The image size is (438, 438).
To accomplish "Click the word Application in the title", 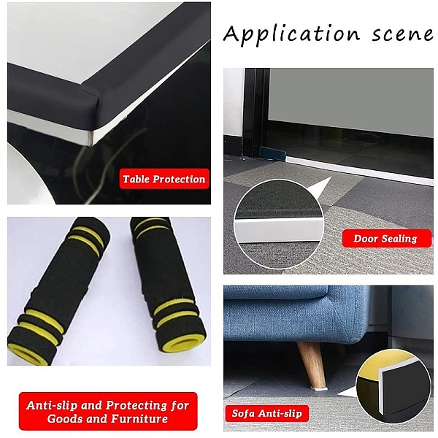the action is (x=291, y=34).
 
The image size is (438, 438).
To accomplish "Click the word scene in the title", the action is (x=403, y=34).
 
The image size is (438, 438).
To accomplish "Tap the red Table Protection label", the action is (x=164, y=179).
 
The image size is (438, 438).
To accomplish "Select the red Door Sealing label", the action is (x=387, y=238).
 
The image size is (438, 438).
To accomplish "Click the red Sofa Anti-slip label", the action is (x=267, y=413).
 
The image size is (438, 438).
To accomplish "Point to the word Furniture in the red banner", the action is (x=139, y=419).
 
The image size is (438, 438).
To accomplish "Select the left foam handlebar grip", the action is (x=60, y=291).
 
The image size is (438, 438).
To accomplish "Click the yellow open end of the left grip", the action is (x=28, y=354).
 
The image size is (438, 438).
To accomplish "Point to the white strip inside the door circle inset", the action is (x=279, y=231).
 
